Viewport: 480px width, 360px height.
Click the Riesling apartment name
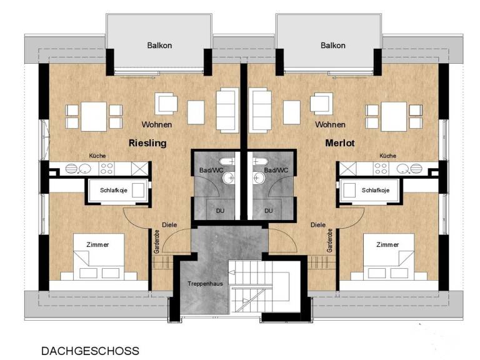tap(147, 143)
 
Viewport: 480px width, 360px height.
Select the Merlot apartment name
tap(340, 143)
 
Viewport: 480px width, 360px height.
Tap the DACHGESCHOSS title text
tap(90, 351)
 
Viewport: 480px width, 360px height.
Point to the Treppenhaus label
tap(205, 284)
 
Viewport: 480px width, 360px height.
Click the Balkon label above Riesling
tap(159, 45)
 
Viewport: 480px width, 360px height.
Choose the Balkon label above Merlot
tap(333, 45)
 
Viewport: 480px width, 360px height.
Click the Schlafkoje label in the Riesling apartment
tap(114, 190)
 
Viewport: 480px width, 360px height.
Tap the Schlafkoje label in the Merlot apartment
tap(376, 190)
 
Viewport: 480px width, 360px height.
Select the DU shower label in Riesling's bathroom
tap(220, 211)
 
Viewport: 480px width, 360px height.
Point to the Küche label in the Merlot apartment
tap(388, 156)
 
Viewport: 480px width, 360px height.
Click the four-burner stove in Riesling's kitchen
tap(107, 168)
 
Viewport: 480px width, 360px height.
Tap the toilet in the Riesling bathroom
tap(227, 161)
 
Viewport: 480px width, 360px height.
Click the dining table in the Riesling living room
tap(94, 117)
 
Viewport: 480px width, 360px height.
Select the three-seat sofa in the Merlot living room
tap(260, 111)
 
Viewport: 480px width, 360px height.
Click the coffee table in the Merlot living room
tap(292, 112)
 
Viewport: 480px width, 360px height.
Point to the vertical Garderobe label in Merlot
tap(330, 241)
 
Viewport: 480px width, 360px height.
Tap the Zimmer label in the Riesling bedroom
tap(97, 244)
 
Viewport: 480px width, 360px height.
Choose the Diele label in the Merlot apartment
tap(318, 225)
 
